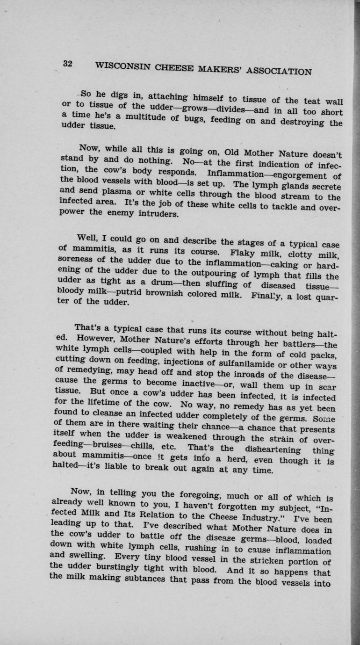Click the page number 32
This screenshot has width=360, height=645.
click(66, 65)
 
